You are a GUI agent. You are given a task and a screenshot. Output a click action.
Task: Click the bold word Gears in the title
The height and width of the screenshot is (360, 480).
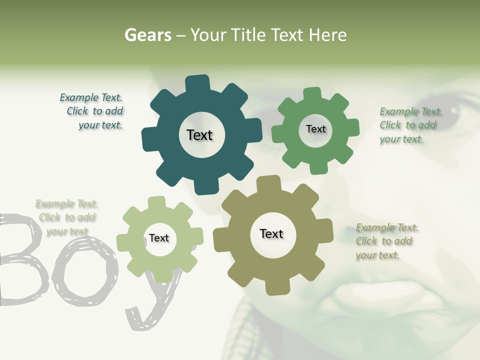tap(147, 35)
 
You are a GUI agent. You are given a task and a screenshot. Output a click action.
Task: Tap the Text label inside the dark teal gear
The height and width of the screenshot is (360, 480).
tap(199, 135)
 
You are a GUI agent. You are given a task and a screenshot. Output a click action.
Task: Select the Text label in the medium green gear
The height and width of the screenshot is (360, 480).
tap(315, 129)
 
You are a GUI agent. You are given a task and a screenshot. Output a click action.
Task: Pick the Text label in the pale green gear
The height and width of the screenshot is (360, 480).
tap(159, 238)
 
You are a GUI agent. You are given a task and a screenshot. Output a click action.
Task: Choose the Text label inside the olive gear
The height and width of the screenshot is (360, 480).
tap(271, 233)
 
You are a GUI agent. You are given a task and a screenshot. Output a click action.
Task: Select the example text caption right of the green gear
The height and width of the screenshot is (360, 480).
tap(410, 125)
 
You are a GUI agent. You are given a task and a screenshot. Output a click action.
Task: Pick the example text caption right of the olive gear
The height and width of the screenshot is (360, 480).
tap(386, 241)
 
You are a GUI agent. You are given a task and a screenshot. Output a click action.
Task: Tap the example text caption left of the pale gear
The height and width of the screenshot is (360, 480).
tap(67, 217)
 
